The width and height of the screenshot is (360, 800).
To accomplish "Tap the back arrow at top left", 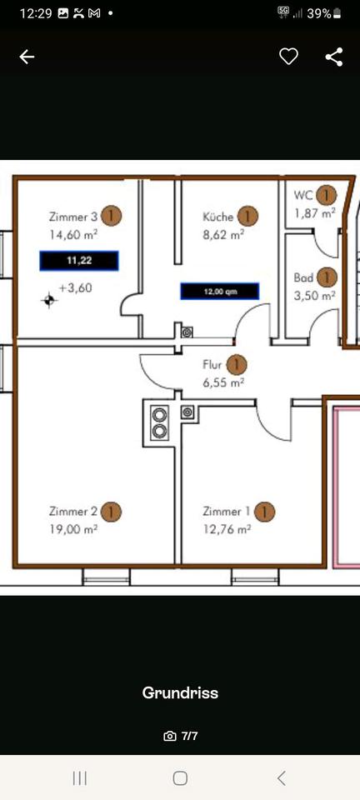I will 27,57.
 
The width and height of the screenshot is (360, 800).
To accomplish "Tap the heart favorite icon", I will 288,57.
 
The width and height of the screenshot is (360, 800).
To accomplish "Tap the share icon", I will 334,57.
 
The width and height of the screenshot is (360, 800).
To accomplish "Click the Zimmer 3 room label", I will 72,217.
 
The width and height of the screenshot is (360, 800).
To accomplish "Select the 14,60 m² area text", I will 72,235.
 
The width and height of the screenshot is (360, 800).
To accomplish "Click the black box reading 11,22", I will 79,261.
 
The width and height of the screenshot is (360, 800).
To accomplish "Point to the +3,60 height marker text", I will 75,288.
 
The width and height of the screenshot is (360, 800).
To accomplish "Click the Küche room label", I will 218,217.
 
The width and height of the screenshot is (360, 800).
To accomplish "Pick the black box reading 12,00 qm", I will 220,292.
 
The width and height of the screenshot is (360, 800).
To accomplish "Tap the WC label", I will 303,195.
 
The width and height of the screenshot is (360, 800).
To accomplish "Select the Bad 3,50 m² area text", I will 315,295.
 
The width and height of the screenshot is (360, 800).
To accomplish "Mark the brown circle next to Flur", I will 237,364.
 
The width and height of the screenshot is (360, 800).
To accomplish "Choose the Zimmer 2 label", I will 72,511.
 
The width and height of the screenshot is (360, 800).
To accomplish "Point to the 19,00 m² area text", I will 73,528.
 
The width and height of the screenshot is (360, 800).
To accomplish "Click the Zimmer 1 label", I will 226,511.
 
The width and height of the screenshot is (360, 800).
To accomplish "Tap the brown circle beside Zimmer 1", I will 264,511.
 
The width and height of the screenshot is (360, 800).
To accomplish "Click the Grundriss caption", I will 180,692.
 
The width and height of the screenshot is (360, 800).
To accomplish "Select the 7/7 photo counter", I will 189,736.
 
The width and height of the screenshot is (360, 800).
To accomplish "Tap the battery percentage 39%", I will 319,13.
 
